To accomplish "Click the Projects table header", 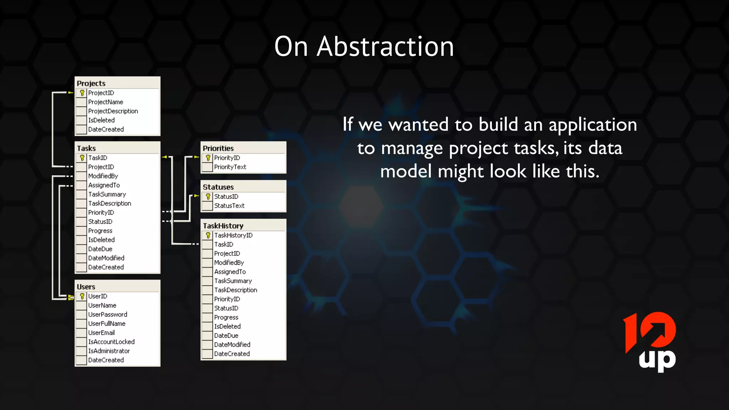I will (91, 83).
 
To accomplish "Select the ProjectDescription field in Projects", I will (113, 111).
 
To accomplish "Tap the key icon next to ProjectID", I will (82, 93).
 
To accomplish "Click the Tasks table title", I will (86, 148).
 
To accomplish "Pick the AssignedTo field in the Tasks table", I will (104, 185).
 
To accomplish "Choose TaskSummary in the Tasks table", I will (107, 194).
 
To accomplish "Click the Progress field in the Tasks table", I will (100, 231).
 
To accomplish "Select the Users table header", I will (86, 287).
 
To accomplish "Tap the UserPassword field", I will (107, 315).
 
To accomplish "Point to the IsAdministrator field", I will (109, 351).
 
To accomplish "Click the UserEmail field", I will (101, 333).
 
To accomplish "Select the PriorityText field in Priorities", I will (230, 167).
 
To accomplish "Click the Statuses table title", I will (218, 187).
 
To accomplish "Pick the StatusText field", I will (229, 206).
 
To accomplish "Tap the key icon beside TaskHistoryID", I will (208, 235).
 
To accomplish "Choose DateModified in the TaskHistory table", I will (232, 345).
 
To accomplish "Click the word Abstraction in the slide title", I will (385, 47).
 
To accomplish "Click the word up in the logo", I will (657, 360).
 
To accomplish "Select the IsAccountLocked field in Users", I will (111, 342).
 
